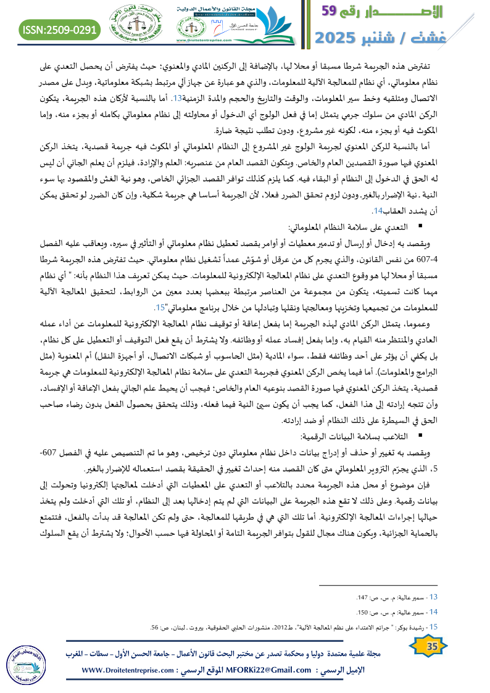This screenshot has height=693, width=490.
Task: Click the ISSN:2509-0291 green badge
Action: [x=60, y=29]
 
